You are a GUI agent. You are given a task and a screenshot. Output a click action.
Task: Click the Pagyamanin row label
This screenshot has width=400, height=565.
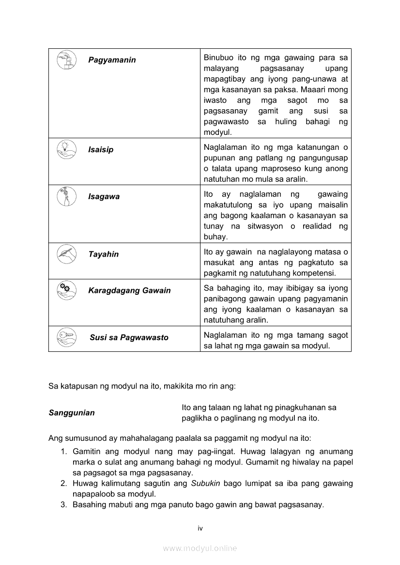[x=112, y=60]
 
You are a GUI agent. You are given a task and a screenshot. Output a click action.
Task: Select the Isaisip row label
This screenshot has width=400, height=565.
[x=101, y=150]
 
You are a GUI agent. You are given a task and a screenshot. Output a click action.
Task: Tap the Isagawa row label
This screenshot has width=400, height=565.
[x=104, y=197]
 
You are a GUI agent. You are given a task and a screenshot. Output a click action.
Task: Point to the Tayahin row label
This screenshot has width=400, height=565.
[x=103, y=254]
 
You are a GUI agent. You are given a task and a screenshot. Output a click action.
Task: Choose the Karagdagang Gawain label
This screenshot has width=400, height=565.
[x=129, y=290]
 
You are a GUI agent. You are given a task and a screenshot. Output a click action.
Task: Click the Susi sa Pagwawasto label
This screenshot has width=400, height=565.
[x=129, y=337]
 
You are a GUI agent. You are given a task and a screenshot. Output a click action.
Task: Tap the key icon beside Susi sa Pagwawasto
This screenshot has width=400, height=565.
[x=66, y=337]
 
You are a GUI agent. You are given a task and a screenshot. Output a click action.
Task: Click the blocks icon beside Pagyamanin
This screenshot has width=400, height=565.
[x=66, y=60]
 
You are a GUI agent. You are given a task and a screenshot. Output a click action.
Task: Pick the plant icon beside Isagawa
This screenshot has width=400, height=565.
[x=66, y=196]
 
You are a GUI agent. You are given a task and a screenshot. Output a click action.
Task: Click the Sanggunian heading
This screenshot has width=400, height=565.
[x=72, y=413]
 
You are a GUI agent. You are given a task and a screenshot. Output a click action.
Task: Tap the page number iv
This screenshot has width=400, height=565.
[x=200, y=528]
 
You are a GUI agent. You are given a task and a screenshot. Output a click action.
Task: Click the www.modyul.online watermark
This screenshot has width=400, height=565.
[x=200, y=548]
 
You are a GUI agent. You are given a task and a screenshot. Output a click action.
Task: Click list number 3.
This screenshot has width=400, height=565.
[x=63, y=505]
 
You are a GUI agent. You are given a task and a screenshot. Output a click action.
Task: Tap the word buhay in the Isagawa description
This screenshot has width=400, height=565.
[x=215, y=237]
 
